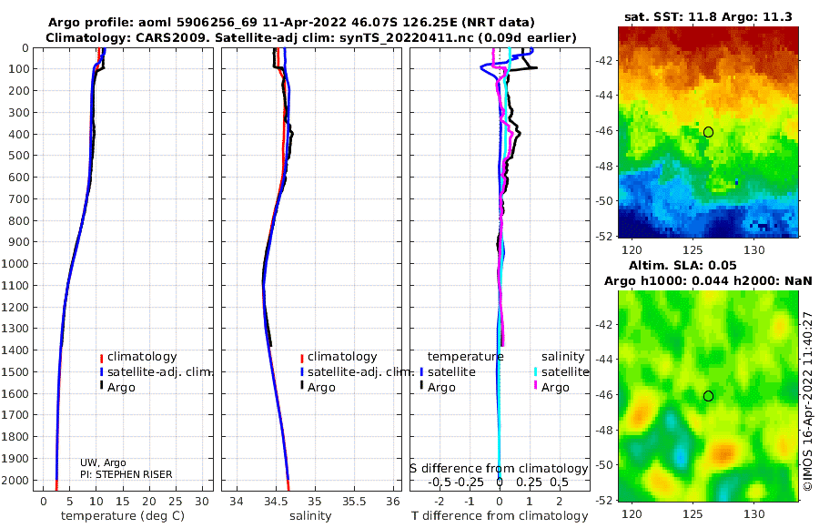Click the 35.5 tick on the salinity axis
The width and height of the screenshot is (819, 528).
(x=354, y=501)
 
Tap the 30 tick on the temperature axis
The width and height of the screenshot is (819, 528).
(x=202, y=501)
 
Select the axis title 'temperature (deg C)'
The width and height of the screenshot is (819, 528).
(x=123, y=516)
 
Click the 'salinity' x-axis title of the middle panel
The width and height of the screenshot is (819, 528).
(x=310, y=516)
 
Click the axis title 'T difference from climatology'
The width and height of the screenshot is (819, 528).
(x=500, y=516)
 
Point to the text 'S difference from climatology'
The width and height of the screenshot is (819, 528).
(x=499, y=468)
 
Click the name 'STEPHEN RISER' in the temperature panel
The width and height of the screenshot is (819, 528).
(x=134, y=474)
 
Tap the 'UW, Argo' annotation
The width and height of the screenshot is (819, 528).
(x=103, y=462)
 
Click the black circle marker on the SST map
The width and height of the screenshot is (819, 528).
(x=708, y=132)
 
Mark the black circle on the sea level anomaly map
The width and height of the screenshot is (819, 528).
(x=708, y=396)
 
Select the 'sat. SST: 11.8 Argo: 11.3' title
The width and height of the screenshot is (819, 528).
(x=708, y=16)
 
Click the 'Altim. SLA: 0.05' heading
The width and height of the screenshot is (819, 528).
(x=682, y=265)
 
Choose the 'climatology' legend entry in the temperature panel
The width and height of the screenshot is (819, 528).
(x=138, y=357)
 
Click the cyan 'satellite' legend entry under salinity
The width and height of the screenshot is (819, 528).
(x=561, y=371)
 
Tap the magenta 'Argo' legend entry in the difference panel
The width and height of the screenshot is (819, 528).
(x=551, y=388)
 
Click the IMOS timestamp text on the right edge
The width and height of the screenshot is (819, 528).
(x=808, y=401)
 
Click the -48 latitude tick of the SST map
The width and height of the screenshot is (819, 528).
(x=604, y=167)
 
